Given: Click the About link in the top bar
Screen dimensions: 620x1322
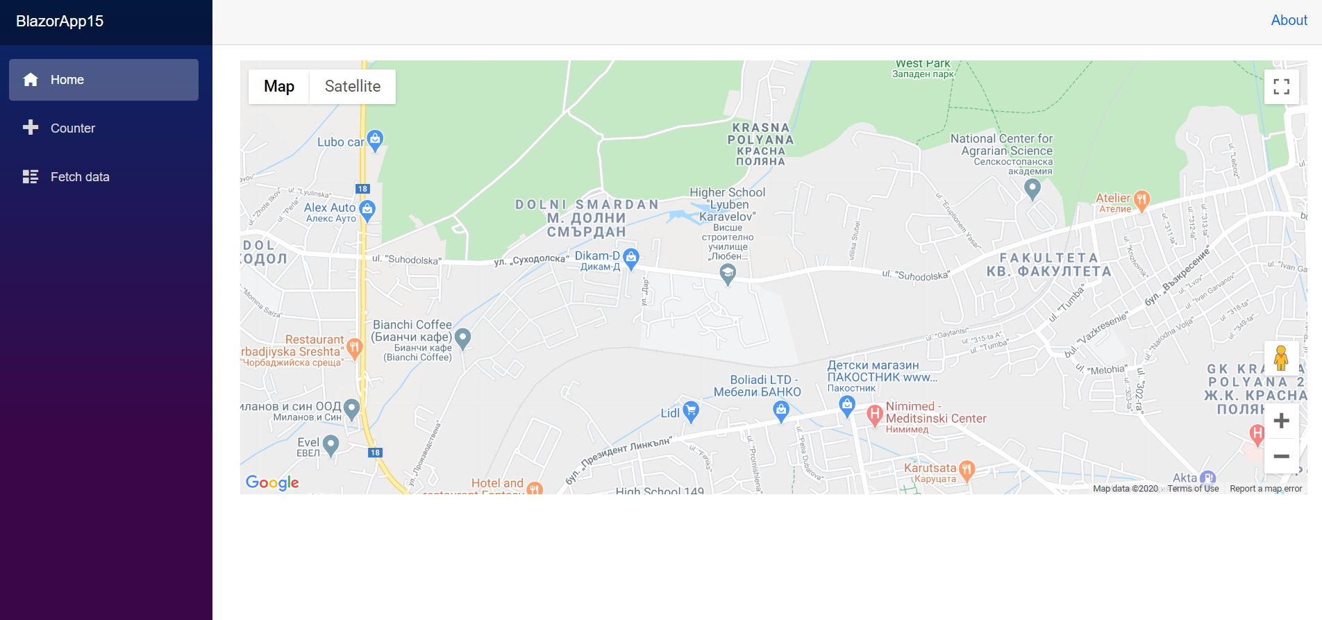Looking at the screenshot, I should pos(1289,21).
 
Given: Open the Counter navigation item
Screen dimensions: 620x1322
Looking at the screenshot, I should pos(72,128).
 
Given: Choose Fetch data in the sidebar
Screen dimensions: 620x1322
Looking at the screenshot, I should pos(79,177).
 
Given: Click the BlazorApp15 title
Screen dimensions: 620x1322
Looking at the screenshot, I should pos(60,22).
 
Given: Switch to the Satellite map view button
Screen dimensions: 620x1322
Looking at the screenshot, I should pos(353,87).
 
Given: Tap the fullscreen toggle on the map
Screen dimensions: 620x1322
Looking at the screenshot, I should pos(1281,87).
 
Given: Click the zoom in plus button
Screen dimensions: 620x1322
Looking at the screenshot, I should pos(1281,421).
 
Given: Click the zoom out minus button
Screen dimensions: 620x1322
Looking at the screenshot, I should pos(1281,456).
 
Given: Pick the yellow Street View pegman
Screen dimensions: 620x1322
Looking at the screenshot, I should pos(1281,359).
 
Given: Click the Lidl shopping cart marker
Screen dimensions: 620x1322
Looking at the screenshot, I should pos(690,411).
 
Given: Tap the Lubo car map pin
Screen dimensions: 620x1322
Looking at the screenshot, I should pos(375,140).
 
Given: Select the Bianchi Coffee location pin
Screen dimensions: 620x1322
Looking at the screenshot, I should pos(462,338).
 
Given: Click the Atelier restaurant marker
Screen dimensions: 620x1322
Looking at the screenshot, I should pos(1141,200).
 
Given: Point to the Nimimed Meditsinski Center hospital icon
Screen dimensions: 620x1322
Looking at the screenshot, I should pos(874,415).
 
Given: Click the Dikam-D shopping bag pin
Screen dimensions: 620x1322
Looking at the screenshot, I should pos(630,258).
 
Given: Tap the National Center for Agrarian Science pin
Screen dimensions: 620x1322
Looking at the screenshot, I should pos(1032,187).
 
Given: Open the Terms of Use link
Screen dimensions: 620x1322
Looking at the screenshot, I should pos(1193,489).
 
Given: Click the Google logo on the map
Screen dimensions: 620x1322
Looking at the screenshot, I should pos(272,483).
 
